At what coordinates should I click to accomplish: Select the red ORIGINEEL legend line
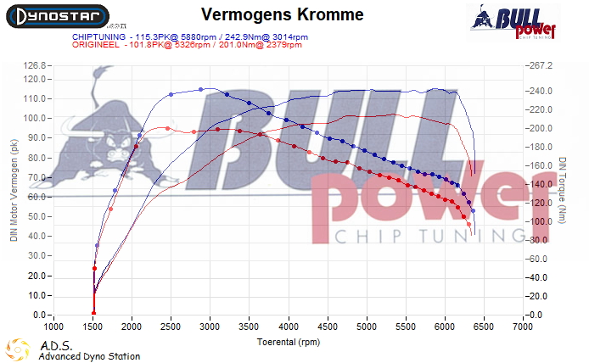coord(184,47)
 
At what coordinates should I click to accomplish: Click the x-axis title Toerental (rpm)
coord(289,342)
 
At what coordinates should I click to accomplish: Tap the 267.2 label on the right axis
coord(541,65)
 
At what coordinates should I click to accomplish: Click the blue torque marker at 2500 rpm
coord(171,94)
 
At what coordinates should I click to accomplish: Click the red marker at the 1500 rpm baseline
coord(94,314)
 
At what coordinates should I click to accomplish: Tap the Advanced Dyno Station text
coord(89,356)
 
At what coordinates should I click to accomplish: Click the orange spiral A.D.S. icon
coord(18,350)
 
